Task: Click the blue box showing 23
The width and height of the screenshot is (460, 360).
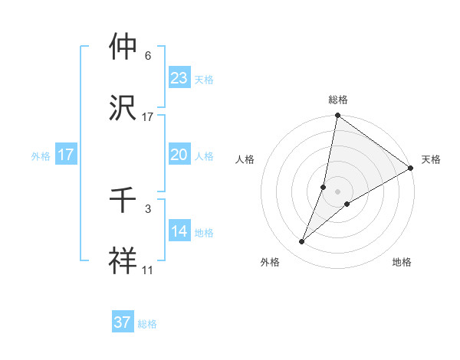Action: [x=179, y=77]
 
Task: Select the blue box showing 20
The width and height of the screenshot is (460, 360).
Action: [x=179, y=154]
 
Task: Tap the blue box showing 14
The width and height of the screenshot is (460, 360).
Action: [x=179, y=231]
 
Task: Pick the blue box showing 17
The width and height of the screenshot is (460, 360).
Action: [x=66, y=155]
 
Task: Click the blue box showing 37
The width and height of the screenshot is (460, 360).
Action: [x=123, y=322]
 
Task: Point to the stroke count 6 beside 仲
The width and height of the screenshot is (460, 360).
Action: [x=147, y=56]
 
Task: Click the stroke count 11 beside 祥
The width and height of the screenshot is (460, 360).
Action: [x=147, y=270]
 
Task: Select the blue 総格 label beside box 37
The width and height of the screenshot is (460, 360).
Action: [x=147, y=324]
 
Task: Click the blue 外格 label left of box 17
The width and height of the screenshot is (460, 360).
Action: [x=41, y=155]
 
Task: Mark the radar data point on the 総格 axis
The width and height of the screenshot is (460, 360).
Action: [x=337, y=116]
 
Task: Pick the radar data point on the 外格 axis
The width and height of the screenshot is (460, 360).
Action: [x=302, y=242]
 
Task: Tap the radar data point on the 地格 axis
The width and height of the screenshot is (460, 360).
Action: [x=347, y=203]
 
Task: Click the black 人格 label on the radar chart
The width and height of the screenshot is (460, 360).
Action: [x=245, y=159]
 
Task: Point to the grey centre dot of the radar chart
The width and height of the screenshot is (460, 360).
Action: [x=337, y=191]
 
